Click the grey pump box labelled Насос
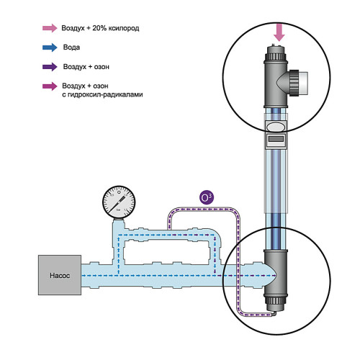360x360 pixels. (60, 275)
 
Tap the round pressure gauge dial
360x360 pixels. (119, 202)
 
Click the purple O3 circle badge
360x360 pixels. (207, 197)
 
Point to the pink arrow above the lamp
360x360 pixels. (279, 32)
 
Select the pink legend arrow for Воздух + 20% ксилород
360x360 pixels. (50, 28)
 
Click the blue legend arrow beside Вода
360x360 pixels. (50, 48)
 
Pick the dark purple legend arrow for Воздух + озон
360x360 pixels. (50, 67)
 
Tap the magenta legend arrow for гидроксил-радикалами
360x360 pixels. (50, 86)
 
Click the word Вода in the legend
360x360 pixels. (71, 48)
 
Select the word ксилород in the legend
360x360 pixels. (124, 28)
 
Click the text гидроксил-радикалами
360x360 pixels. (102, 94)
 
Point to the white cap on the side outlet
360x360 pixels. (303, 83)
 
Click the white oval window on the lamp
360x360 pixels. (276, 126)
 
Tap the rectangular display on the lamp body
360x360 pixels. (276, 139)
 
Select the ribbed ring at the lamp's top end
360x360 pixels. (276, 57)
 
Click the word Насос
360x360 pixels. (60, 275)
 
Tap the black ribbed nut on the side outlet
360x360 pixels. (294, 83)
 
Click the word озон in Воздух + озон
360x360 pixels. (102, 67)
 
